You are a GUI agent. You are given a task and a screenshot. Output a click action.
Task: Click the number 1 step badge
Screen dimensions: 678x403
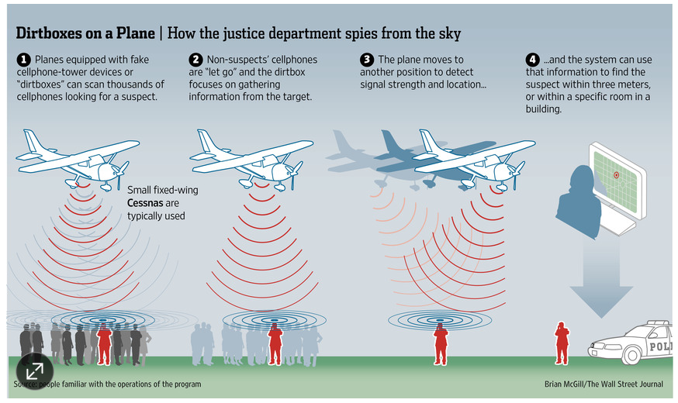point(24,60)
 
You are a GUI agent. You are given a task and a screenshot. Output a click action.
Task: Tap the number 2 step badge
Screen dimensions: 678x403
point(196,60)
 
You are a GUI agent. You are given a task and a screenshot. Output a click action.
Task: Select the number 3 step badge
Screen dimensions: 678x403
point(368,60)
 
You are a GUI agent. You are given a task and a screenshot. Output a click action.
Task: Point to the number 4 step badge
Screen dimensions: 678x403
point(532,60)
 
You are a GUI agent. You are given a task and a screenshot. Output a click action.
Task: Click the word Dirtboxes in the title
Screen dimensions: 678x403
point(54,33)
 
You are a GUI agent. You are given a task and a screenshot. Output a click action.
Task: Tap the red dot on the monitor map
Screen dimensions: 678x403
point(616,175)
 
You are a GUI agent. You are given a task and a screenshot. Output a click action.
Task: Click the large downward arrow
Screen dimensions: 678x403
point(600,287)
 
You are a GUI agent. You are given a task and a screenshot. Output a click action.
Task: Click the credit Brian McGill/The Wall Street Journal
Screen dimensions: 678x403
point(604,384)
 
